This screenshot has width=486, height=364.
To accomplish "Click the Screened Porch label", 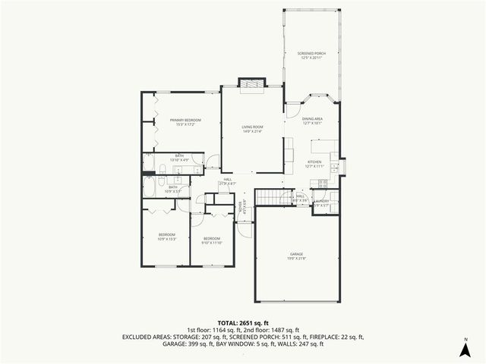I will [x=312, y=55].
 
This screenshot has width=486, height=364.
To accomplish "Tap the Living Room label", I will [x=252, y=129].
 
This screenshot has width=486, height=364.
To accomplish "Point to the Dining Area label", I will [x=313, y=121].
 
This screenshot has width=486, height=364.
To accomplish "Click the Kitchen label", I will [x=314, y=164].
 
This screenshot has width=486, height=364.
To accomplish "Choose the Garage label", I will [x=296, y=256].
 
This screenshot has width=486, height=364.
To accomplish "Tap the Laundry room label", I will [x=321, y=203].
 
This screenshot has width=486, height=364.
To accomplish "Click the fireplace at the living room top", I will [x=251, y=84].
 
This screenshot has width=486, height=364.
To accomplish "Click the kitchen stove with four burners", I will [x=323, y=183].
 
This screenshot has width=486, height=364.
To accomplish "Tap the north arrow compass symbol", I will [x=464, y=347].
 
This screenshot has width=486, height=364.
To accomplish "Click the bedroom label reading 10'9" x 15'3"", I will [x=167, y=237].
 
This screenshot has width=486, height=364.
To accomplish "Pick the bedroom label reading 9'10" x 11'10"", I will [x=211, y=241].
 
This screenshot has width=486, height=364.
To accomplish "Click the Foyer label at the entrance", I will [x=241, y=207].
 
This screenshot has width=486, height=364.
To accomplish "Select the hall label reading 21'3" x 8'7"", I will [x=228, y=181].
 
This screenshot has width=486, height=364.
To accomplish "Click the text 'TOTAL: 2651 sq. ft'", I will [x=242, y=323].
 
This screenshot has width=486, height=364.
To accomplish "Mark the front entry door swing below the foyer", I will [x=243, y=226].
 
